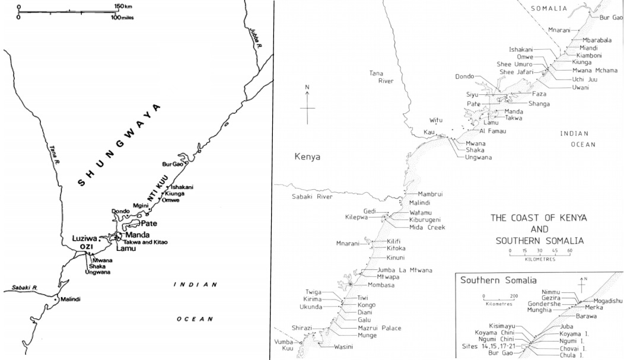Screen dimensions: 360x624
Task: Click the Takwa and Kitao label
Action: pos(145,243)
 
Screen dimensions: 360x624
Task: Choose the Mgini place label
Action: pos(139,205)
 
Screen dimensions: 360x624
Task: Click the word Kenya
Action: pos(307,157)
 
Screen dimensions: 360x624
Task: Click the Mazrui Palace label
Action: pos(380,328)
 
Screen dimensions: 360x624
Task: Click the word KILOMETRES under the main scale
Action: pos(539,259)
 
